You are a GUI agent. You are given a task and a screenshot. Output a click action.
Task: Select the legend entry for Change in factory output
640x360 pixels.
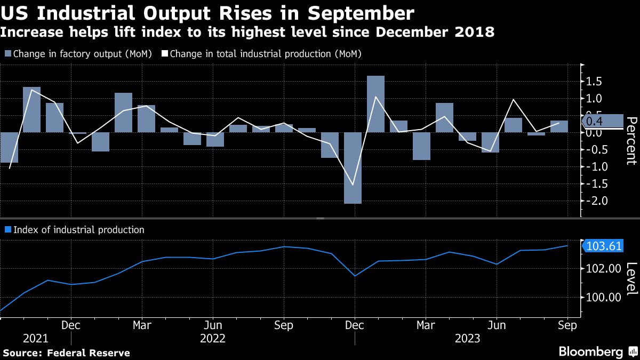[78, 54]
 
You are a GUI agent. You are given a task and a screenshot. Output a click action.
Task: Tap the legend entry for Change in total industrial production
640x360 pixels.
[261, 54]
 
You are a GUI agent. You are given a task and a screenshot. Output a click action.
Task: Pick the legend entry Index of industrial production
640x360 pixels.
[74, 230]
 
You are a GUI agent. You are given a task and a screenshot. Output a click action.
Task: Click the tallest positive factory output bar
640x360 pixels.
[375, 103]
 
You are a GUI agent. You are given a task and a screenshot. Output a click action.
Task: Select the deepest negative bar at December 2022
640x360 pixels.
[353, 167]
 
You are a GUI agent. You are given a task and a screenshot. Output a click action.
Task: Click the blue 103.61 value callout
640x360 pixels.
[604, 246]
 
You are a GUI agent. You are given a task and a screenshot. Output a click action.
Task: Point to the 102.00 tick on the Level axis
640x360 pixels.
[603, 269]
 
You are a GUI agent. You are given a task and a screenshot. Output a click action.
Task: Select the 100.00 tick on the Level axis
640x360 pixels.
[603, 298]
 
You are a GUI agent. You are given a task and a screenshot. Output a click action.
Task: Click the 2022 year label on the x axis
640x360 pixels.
[212, 339]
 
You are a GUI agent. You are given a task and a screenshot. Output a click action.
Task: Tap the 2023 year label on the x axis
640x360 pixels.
[468, 339]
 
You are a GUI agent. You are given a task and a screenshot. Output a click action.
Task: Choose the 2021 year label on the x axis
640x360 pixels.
[35, 339]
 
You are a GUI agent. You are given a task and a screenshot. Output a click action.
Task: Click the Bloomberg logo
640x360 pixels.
[597, 352]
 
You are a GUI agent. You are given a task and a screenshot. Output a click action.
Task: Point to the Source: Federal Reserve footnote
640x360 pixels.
[66, 353]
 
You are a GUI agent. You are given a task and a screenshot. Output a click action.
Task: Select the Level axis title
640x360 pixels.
[630, 278]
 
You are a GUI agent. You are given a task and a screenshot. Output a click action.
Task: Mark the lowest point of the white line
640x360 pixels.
[353, 185]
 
